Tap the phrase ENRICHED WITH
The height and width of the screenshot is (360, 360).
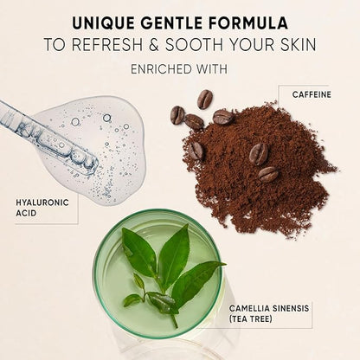pyautogui.click(x=179, y=69)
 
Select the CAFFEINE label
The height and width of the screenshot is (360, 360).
pyautogui.click(x=312, y=94)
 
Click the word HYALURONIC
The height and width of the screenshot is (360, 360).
pyautogui.click(x=42, y=202)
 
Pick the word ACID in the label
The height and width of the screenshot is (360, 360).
pyautogui.click(x=26, y=214)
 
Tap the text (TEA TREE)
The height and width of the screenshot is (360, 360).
pyautogui.click(x=251, y=319)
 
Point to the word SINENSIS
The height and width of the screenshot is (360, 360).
pyautogui.click(x=291, y=308)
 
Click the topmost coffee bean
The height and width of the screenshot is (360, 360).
pyautogui.click(x=205, y=99)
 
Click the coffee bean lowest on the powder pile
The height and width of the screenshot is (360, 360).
pyautogui.click(x=268, y=174)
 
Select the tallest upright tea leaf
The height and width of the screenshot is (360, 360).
pyautogui.click(x=175, y=250)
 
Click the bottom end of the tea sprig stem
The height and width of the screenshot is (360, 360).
pyautogui.click(x=176, y=327)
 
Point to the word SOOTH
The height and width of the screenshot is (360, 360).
pyautogui.click(x=194, y=45)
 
